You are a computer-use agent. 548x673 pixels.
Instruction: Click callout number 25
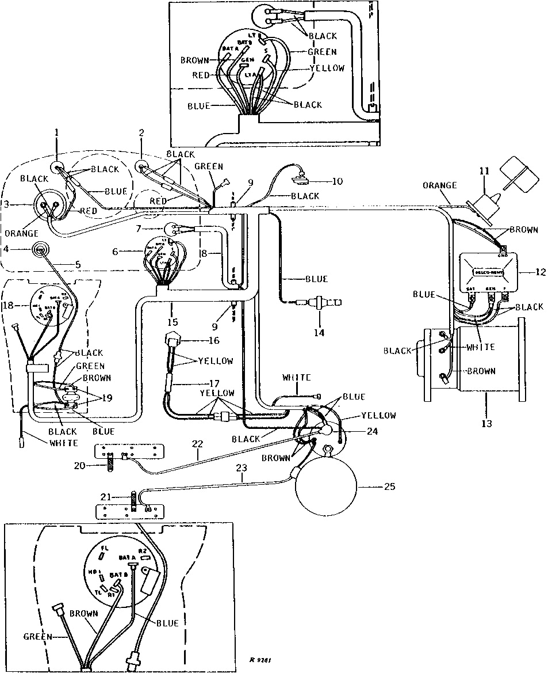pyautogui.click(x=390, y=486)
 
